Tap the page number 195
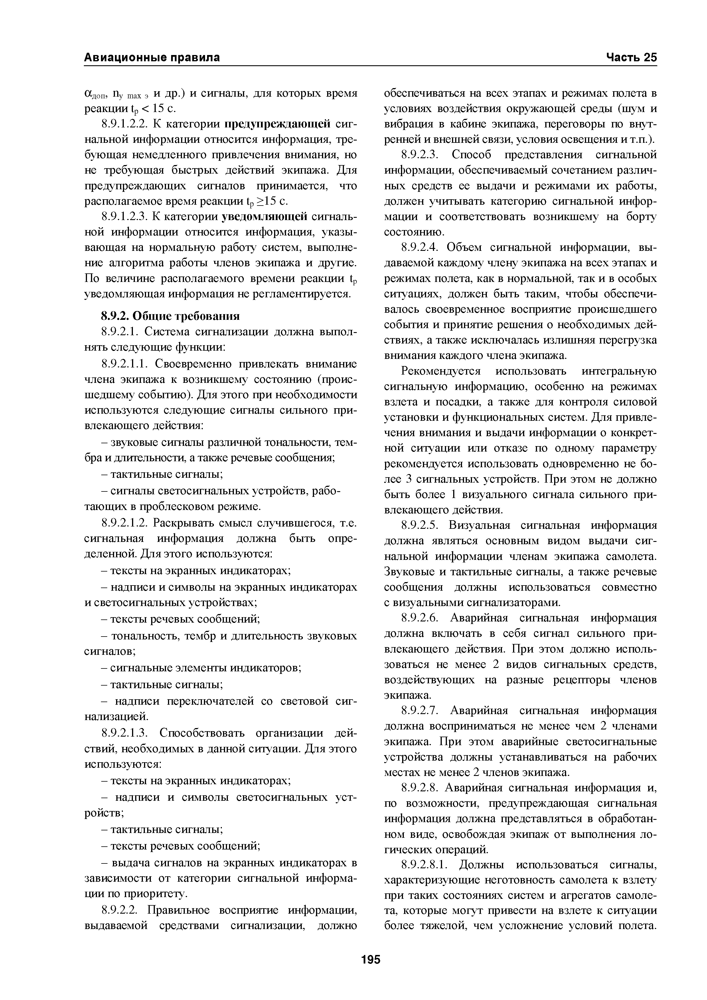coord(371,959)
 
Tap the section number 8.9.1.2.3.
coord(123,216)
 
